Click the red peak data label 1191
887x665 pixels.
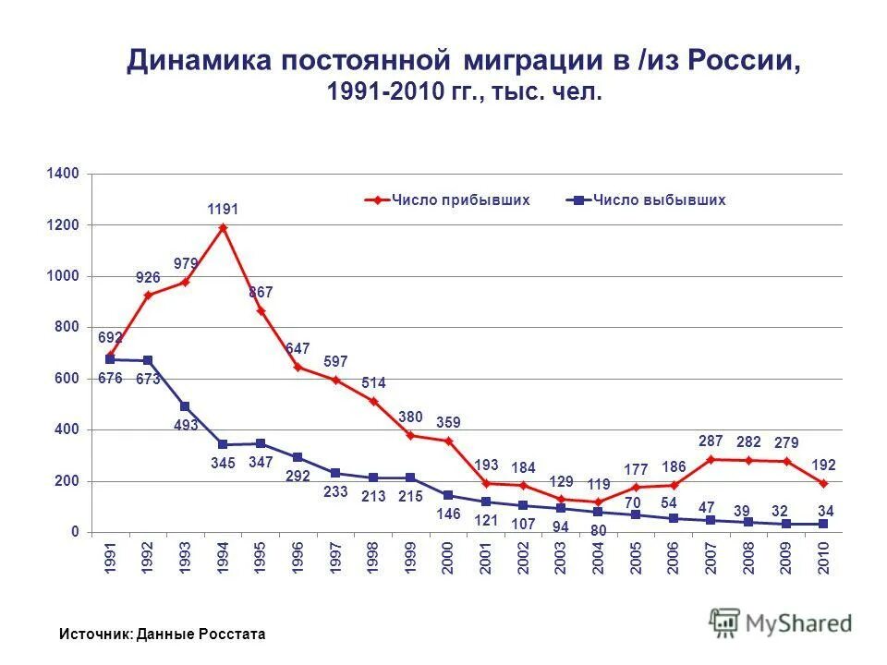223,210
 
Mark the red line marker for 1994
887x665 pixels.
223,227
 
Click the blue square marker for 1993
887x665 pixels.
185,406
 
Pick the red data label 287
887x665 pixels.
710,441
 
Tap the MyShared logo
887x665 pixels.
781,623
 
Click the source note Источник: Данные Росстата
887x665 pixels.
162,635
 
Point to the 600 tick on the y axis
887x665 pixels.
71,379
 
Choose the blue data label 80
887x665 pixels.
599,531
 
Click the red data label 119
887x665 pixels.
599,483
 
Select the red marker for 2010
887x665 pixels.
823,483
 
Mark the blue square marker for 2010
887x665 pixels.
823,524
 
